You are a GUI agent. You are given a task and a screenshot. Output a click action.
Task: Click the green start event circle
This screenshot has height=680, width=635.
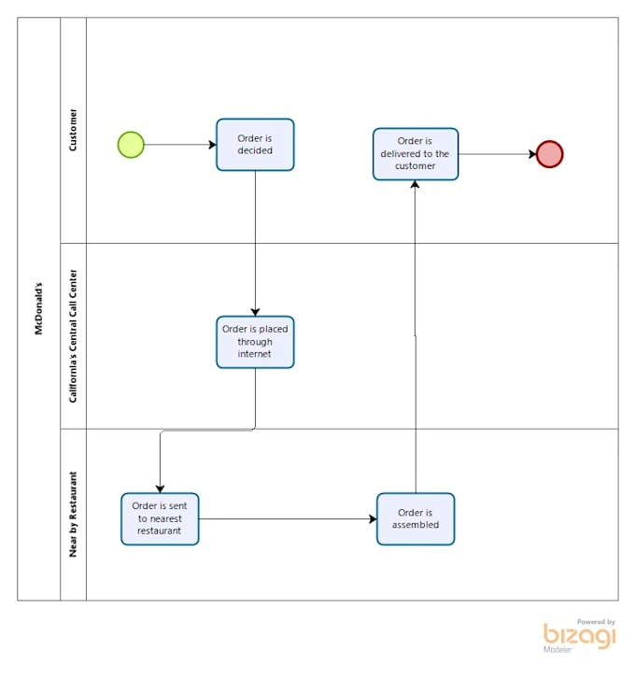coord(131,145)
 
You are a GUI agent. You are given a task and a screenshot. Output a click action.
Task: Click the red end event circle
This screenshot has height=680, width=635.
coord(550,154)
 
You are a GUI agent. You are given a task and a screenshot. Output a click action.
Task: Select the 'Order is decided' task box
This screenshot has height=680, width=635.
coord(255,145)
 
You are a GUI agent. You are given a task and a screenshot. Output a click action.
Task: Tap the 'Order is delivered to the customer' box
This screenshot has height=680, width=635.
coord(416,154)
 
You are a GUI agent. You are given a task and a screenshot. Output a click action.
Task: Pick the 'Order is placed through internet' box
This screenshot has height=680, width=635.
coord(255,342)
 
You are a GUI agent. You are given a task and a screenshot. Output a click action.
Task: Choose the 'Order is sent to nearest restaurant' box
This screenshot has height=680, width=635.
coord(160,519)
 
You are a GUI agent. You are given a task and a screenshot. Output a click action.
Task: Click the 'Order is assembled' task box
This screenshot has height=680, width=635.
coord(416,519)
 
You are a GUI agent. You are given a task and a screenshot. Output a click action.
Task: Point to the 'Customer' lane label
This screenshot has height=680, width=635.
coord(73,130)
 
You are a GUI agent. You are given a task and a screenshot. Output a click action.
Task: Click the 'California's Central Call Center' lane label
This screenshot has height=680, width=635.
coord(73,336)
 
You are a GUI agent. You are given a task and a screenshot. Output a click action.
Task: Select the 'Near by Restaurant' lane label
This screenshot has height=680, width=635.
coord(73,515)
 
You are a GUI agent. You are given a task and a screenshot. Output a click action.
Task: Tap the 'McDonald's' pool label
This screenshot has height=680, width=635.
coord(38,308)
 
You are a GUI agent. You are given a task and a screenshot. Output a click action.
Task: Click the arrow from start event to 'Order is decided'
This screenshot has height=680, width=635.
coord(179,145)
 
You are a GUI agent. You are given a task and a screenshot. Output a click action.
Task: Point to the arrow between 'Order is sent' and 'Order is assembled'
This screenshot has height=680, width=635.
coord(288,519)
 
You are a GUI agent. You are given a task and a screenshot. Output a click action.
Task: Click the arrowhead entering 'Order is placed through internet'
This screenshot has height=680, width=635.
coord(255,311)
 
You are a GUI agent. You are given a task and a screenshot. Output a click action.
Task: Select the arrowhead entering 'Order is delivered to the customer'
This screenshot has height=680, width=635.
coord(416,185)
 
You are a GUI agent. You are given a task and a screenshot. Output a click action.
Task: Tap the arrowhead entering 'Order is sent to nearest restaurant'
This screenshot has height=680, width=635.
coord(160,488)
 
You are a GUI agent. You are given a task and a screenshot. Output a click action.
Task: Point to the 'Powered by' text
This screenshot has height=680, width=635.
coord(596,621)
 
